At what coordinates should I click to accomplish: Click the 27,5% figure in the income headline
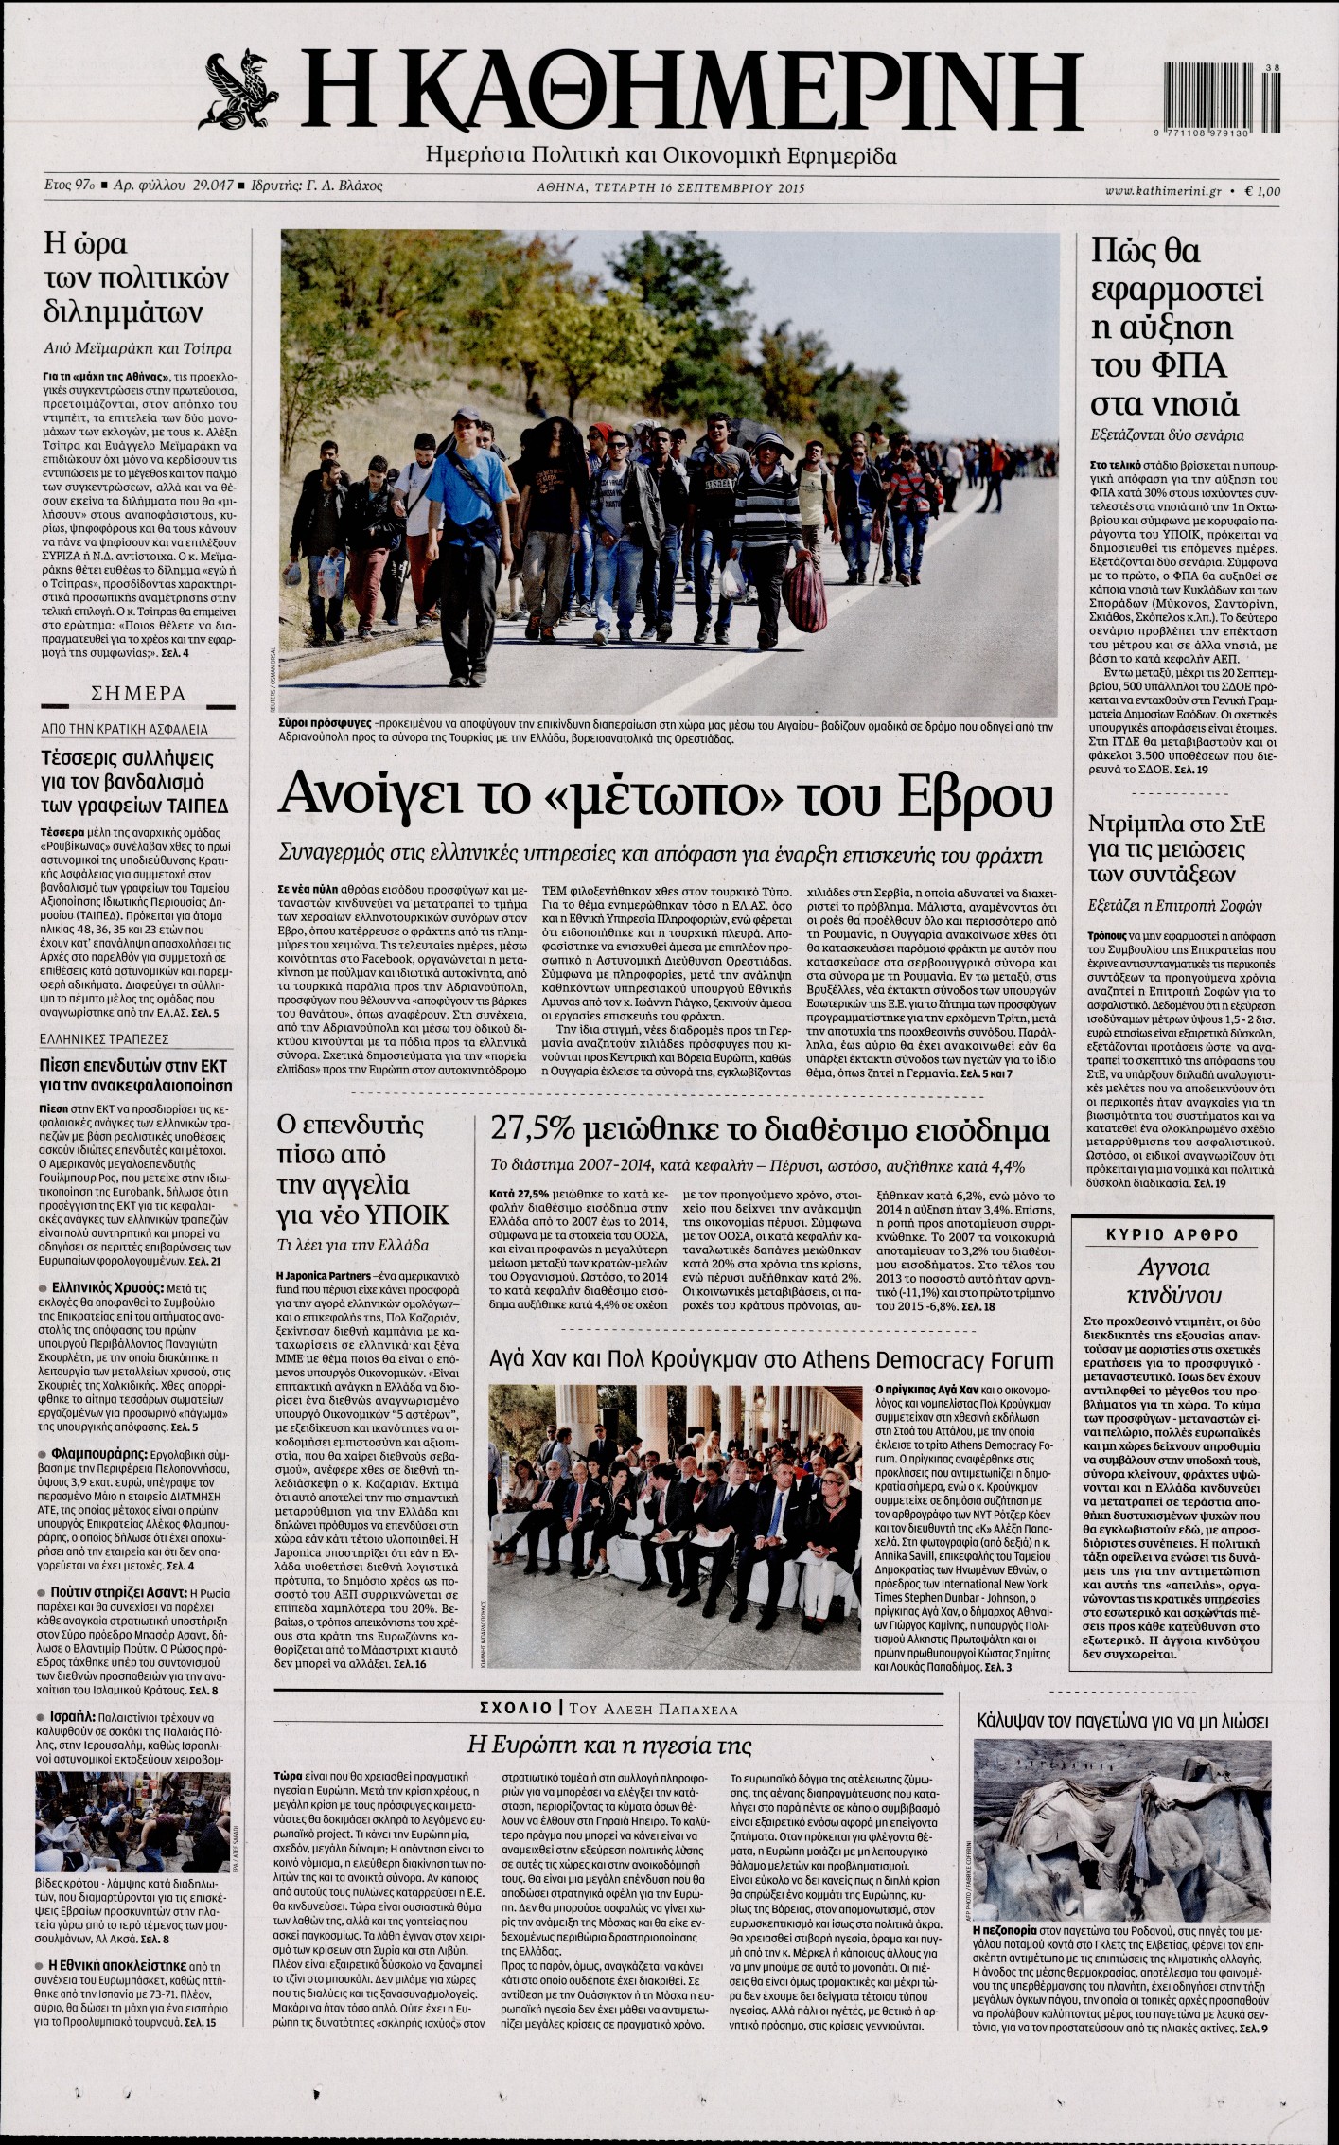pos(530,1130)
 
